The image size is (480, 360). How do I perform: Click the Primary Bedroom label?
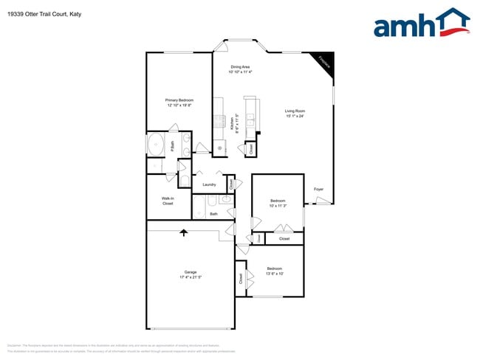[179, 100]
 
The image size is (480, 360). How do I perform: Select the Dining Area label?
[240, 67]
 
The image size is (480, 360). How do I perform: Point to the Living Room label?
[295, 111]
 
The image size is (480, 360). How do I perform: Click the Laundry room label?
[208, 184]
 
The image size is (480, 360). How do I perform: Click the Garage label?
[190, 272]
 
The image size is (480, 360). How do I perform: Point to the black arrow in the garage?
[184, 233]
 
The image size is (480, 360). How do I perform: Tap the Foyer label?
[319, 190]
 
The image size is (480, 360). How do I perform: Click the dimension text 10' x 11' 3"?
[278, 206]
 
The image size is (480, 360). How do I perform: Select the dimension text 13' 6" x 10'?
[274, 273]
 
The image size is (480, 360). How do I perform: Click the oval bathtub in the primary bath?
[157, 145]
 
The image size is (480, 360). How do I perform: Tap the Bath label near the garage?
[213, 214]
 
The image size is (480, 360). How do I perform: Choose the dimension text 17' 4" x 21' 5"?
[190, 277]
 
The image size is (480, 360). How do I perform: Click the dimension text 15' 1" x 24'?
[295, 116]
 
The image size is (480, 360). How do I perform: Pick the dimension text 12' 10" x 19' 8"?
[179, 105]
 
